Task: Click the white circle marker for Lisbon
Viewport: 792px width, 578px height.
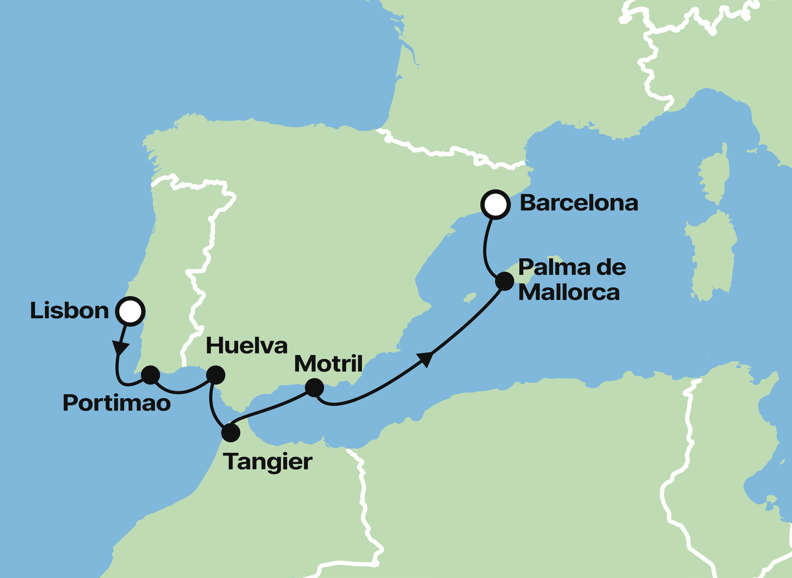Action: [130, 311]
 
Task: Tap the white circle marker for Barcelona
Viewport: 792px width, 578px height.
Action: [495, 204]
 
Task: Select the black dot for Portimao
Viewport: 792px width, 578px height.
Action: [150, 375]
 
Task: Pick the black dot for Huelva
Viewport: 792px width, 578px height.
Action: [215, 375]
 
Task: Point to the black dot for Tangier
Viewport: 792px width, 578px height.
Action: [231, 433]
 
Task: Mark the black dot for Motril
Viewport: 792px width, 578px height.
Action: [314, 388]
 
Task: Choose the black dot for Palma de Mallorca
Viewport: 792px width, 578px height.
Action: [504, 281]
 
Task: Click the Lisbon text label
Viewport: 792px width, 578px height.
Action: [69, 311]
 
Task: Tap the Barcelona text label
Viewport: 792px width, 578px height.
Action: [579, 203]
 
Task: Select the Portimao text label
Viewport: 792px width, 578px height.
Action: [116, 403]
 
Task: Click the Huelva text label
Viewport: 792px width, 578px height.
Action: [246, 346]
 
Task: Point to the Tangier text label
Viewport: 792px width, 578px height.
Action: [268, 462]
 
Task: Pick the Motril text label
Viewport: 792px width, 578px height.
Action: [328, 364]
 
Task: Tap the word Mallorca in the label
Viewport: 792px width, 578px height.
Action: [569, 293]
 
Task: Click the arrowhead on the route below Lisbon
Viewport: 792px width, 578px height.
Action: [120, 349]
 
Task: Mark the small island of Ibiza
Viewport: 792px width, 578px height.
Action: [470, 297]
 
